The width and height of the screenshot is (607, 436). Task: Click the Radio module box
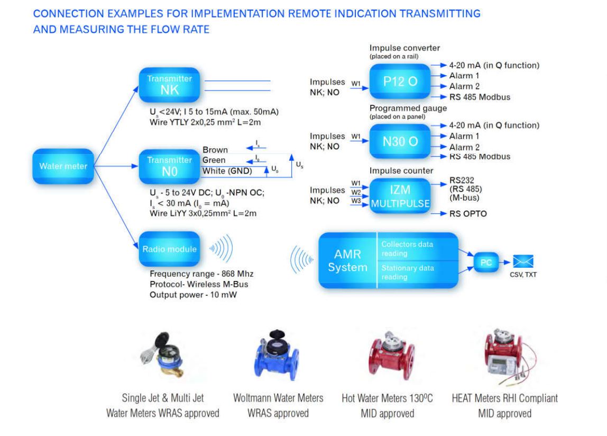click(x=169, y=249)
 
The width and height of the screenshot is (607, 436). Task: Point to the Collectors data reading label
click(x=408, y=248)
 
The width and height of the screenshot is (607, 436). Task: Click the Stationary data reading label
click(x=408, y=272)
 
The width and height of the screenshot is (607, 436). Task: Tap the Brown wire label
click(x=215, y=150)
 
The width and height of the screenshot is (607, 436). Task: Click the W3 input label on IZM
click(x=356, y=200)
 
